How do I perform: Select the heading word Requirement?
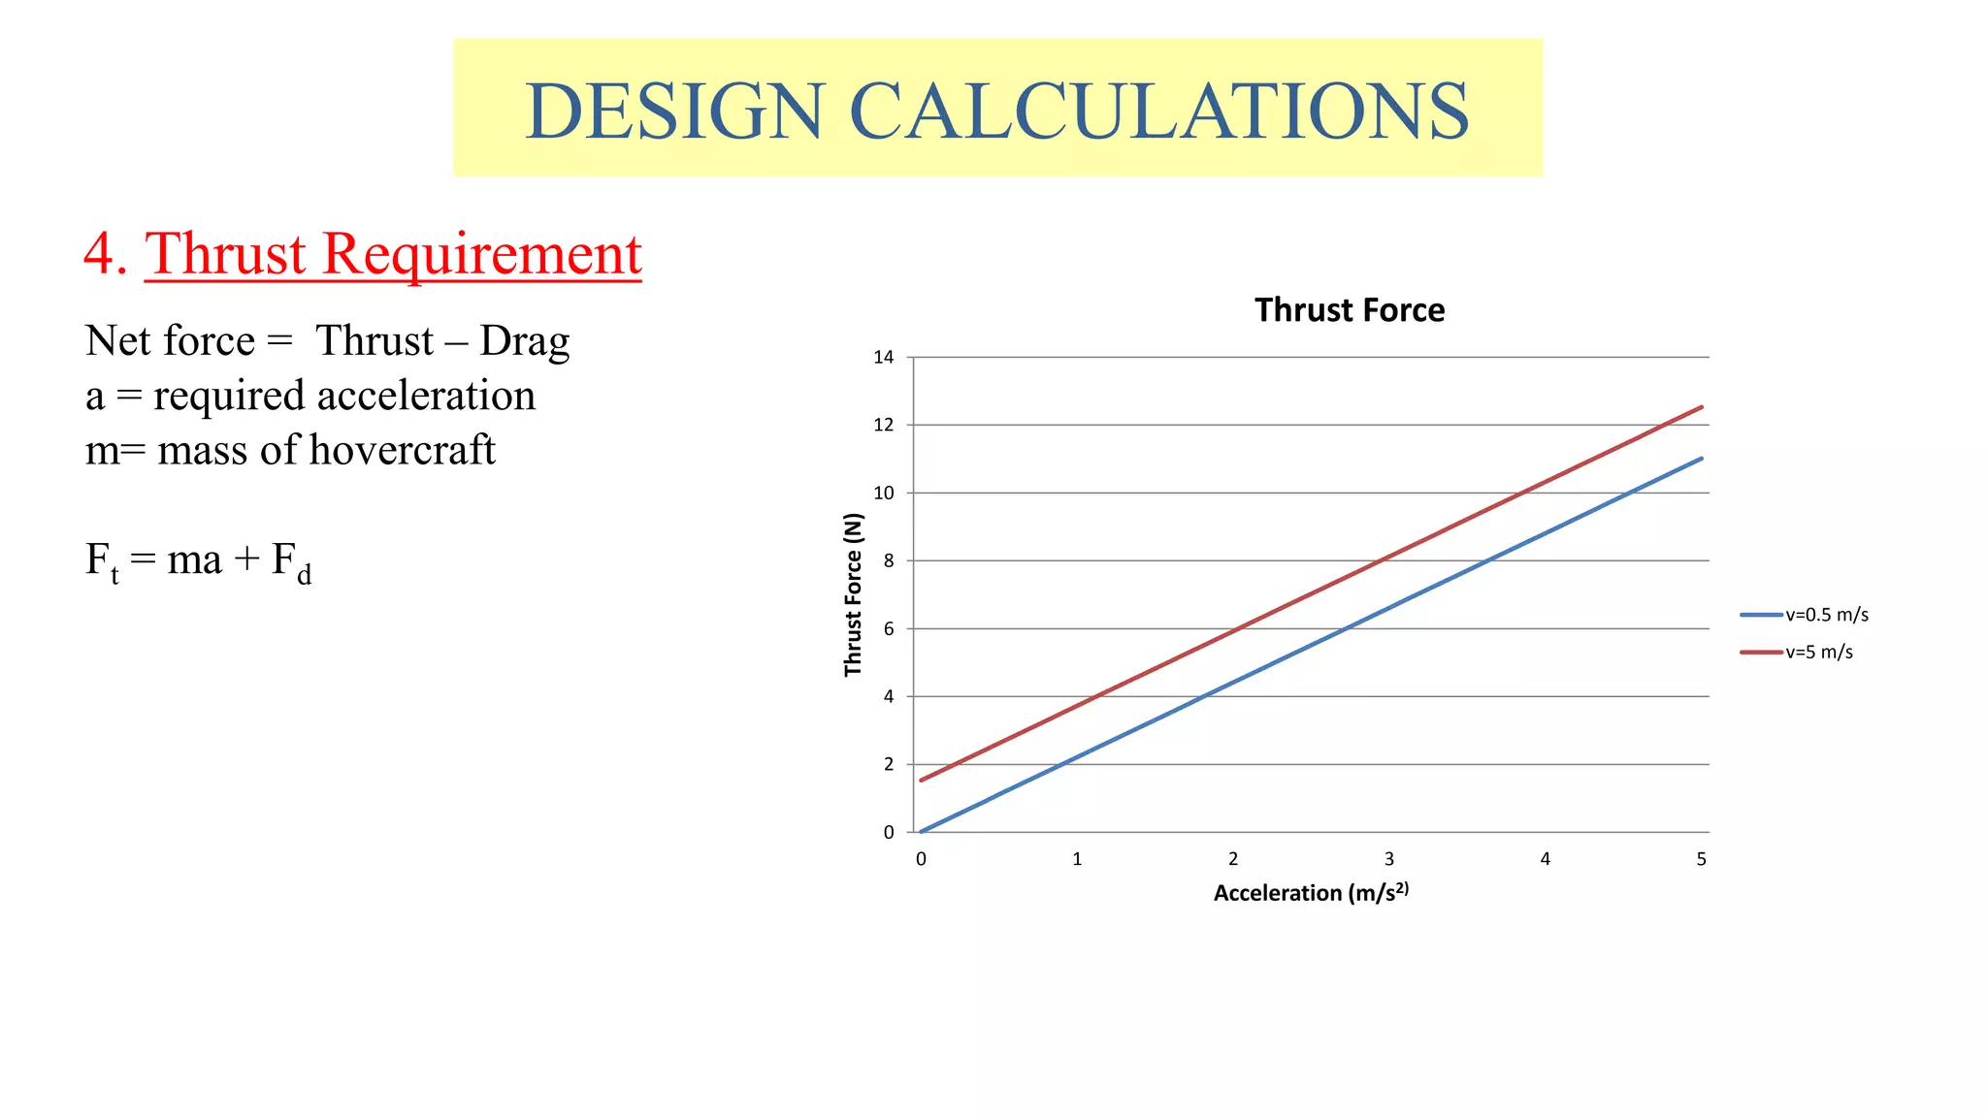point(481,254)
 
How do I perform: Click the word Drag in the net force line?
point(524,341)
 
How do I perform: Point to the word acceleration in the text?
point(426,396)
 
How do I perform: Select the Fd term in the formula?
point(291,562)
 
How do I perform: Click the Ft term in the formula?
point(102,562)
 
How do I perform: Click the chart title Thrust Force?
point(1349,310)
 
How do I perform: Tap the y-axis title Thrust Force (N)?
point(853,594)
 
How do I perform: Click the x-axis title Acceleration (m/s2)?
point(1310,893)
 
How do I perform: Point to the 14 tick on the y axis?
point(883,357)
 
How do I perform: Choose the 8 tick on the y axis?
point(888,560)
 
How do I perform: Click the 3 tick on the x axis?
point(1388,859)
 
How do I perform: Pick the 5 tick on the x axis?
point(1701,859)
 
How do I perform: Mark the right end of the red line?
point(1702,407)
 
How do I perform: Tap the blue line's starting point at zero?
point(922,832)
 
